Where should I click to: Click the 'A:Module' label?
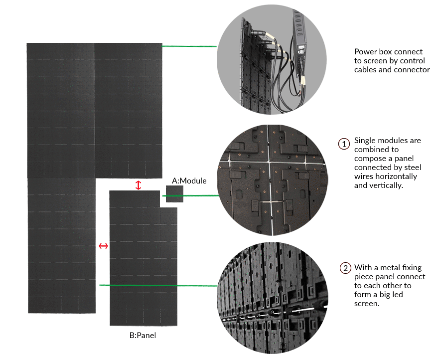tap(189, 180)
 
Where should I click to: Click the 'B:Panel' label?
tap(143, 336)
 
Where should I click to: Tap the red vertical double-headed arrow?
tap(139, 185)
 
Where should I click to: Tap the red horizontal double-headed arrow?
tap(103, 246)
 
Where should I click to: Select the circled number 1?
tap(344, 144)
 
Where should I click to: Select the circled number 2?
tap(345, 268)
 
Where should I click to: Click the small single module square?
tap(175, 193)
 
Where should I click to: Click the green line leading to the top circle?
tap(189, 46)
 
